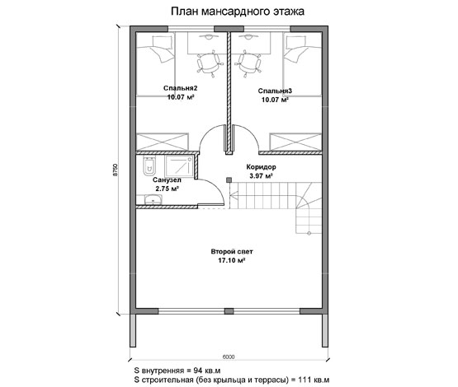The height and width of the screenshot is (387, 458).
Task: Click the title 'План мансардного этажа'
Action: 238,12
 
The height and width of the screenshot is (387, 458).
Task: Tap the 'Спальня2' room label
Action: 180,88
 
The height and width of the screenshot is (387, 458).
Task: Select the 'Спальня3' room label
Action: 275,91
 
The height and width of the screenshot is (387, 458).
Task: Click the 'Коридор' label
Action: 261,167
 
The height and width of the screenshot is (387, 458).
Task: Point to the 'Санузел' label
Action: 167,180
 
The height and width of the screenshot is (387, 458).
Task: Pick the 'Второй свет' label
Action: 232,251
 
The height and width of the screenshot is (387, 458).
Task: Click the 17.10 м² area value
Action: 231,260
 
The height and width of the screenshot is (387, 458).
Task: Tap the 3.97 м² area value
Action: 261,175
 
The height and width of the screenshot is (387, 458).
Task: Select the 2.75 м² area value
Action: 167,189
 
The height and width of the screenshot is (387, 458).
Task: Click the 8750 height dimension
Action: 115,170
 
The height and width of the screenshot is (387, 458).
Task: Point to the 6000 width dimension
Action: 229,357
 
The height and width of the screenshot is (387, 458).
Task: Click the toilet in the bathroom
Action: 150,166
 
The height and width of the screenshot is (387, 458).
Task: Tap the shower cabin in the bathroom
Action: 179,166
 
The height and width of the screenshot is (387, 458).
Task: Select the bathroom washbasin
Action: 153,200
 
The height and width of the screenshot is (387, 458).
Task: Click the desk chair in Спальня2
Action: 208,63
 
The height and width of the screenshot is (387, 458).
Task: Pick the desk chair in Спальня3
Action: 249,63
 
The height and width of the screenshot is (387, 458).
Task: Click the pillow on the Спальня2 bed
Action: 161,42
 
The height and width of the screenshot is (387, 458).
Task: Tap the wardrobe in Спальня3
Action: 295,142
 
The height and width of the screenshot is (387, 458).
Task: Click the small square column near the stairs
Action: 229,180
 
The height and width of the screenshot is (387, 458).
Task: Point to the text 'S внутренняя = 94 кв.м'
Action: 177,371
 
